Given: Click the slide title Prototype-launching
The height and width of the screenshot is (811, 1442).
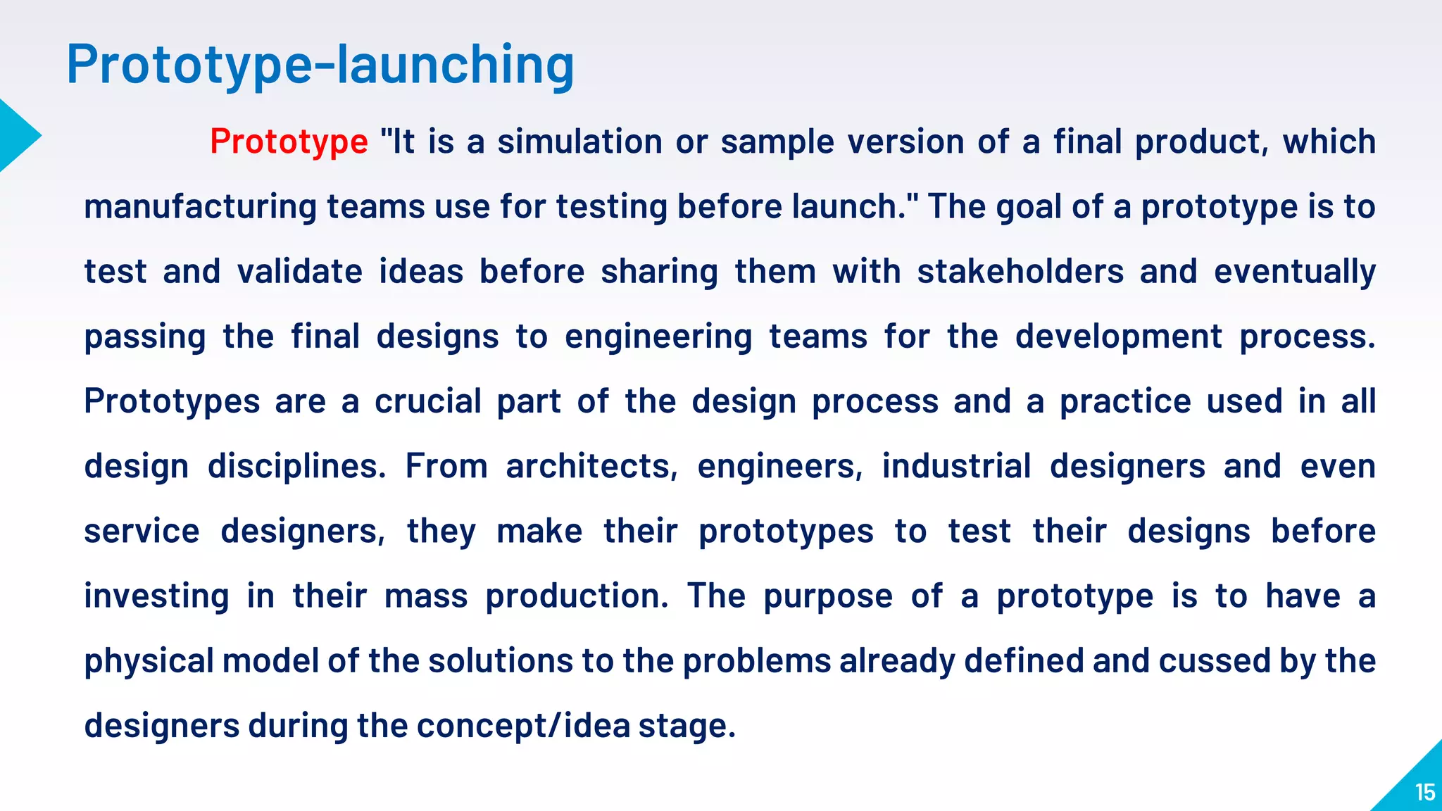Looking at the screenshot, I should click(320, 65).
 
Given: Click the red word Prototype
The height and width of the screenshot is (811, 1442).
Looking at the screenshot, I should click(289, 142).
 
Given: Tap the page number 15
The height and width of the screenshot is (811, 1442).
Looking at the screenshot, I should click(1424, 793).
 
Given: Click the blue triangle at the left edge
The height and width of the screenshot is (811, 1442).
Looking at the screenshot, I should click(17, 136).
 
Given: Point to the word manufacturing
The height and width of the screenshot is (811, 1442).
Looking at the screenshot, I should click(200, 207).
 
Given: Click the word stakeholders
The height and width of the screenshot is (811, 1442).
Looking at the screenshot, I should click(1020, 272).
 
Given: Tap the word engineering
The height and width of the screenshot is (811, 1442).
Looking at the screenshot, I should click(658, 337).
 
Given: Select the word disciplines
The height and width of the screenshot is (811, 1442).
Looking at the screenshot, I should click(296, 467).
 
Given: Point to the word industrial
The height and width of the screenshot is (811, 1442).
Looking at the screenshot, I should click(956, 466).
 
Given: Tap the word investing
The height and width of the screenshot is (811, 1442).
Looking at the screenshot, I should click(156, 596).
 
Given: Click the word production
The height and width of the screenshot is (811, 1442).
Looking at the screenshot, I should click(577, 596).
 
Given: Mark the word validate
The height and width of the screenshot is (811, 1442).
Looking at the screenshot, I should click(299, 272).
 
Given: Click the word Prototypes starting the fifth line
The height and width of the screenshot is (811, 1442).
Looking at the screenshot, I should click(172, 402).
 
